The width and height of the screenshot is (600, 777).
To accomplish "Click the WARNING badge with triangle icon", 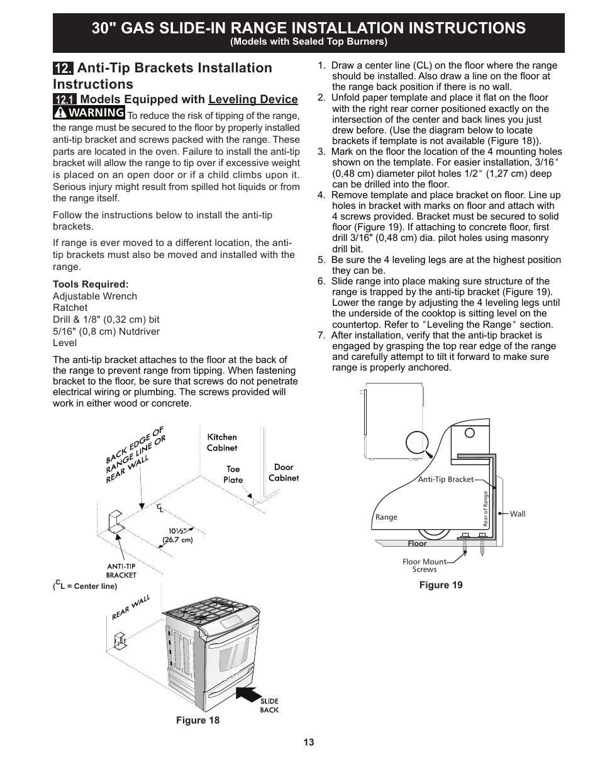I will pos(89,113).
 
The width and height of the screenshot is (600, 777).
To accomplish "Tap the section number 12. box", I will pos(64,68).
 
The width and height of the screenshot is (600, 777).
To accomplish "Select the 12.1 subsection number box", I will pos(65,99).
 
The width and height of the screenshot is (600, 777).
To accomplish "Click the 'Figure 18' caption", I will pos(197,720).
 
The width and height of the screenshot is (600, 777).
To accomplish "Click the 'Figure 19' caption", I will pos(441,585).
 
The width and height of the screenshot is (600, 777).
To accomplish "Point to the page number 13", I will pos(308,742).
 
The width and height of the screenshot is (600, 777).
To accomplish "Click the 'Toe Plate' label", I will pos(233,474).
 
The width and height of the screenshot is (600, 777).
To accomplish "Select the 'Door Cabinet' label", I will pos(284,472).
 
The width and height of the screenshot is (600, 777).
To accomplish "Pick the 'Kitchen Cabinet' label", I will pos(222,442).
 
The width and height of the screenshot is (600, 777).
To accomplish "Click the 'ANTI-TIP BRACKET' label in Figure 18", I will pos(121,570).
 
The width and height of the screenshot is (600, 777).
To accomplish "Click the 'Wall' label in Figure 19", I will pos(518,514).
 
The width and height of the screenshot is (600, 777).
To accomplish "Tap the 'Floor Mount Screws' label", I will pos(425,566).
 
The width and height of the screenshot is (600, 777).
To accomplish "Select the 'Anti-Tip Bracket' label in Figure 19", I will pos(446,479).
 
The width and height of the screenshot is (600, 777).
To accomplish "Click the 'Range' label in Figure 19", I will pos(386,517).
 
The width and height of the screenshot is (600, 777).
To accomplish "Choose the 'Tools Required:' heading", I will pos(91,284).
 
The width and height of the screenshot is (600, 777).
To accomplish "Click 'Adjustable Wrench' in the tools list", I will pos(95,296).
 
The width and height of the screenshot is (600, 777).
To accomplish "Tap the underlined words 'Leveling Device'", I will pos(253,99).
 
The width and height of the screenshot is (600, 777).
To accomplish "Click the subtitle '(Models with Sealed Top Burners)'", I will pos(308,42).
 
